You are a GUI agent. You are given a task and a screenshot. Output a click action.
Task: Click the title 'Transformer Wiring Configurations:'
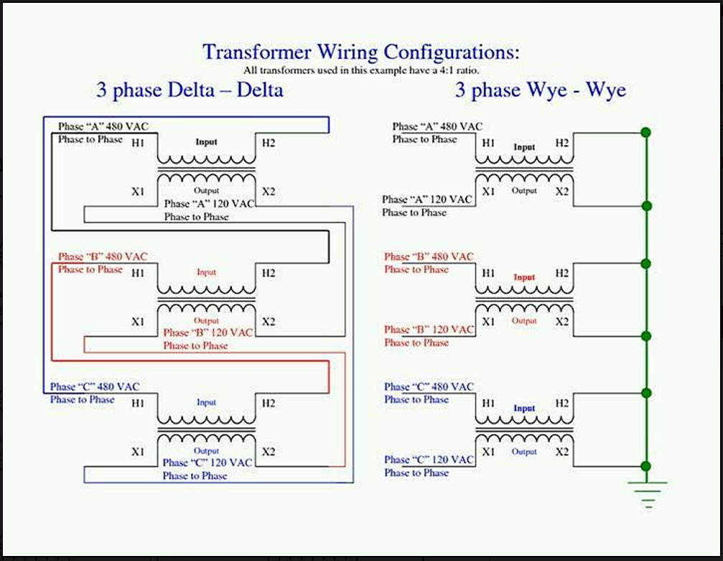pyautogui.click(x=360, y=52)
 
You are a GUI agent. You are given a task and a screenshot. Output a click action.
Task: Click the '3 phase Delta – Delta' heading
pyautogui.click(x=190, y=90)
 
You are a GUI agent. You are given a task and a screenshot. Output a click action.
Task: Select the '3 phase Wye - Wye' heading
pyautogui.click(x=540, y=90)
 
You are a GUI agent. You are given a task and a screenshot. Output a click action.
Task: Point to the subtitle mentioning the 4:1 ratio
pyautogui.click(x=360, y=70)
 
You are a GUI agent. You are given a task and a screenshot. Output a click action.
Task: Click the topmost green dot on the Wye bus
pyautogui.click(x=646, y=132)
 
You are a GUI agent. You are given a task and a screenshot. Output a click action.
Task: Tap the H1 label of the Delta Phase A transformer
pyautogui.click(x=138, y=144)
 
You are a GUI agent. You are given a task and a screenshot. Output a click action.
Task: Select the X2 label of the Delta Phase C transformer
pyautogui.click(x=269, y=452)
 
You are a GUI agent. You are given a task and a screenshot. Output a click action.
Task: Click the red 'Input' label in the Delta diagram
pyautogui.click(x=206, y=272)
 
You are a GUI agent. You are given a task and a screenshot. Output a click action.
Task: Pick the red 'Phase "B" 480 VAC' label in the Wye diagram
pyautogui.click(x=429, y=256)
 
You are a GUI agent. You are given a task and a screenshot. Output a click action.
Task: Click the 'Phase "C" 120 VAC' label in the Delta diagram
pyautogui.click(x=207, y=463)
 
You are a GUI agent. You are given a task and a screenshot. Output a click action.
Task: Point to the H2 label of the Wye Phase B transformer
pyautogui.click(x=562, y=274)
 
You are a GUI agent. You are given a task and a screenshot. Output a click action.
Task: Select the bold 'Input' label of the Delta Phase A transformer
pyautogui.click(x=206, y=142)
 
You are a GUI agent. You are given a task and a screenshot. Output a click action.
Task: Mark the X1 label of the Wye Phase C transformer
pyautogui.click(x=488, y=452)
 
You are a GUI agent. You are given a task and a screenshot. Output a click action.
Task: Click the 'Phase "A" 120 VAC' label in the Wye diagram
pyautogui.click(x=428, y=199)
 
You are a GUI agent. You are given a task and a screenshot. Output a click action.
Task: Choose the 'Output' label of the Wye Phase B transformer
pyautogui.click(x=524, y=321)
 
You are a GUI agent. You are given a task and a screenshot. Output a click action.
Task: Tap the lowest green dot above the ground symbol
pyautogui.click(x=646, y=466)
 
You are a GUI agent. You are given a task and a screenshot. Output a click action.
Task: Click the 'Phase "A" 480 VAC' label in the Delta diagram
pyautogui.click(x=103, y=126)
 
